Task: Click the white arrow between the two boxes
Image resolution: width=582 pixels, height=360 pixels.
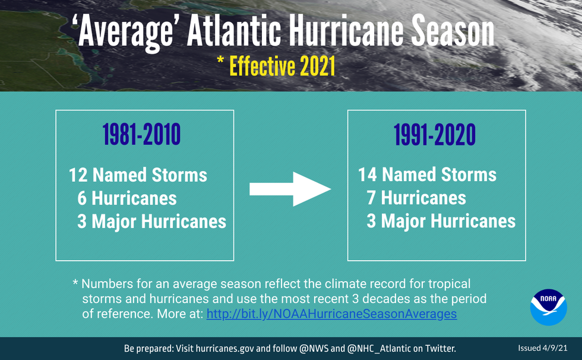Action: pyautogui.click(x=289, y=189)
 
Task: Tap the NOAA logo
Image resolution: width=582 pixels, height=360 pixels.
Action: pyautogui.click(x=548, y=307)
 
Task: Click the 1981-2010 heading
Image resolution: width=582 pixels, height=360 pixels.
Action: pyautogui.click(x=142, y=136)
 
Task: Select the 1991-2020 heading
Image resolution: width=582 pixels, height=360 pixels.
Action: pyautogui.click(x=435, y=136)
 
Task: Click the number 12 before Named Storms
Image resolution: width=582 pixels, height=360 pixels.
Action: pyautogui.click(x=78, y=175)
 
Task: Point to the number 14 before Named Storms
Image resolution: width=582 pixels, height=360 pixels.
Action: pyautogui.click(x=368, y=175)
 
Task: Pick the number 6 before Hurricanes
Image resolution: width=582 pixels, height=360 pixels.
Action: pyautogui.click(x=82, y=198)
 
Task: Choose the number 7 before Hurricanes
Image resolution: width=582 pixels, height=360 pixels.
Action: pyautogui.click(x=371, y=198)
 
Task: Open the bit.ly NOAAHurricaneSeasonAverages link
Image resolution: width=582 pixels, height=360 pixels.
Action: pyautogui.click(x=331, y=314)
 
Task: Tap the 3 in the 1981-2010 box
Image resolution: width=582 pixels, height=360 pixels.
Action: pyautogui.click(x=82, y=222)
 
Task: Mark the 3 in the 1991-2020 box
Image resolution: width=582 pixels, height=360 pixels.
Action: pyautogui.click(x=371, y=221)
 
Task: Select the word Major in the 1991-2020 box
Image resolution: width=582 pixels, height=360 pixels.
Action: pyautogui.click(x=403, y=221)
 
